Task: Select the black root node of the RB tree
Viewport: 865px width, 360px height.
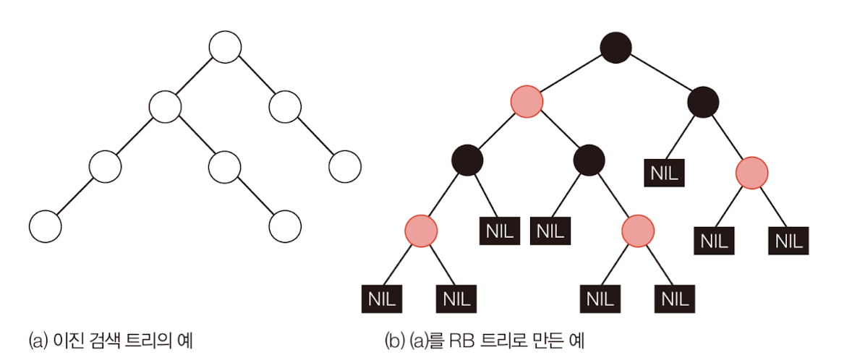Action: click(x=615, y=48)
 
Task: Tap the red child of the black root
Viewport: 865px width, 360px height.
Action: click(x=527, y=101)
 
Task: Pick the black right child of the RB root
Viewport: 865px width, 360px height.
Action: click(x=703, y=101)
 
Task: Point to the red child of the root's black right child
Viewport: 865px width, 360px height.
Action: click(x=751, y=173)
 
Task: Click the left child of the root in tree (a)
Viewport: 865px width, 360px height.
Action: click(x=165, y=107)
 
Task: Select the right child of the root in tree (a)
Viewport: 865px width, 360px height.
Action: click(x=284, y=107)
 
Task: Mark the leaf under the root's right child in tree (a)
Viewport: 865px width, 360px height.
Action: click(x=344, y=167)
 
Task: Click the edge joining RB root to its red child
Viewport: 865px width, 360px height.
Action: click(x=571, y=74)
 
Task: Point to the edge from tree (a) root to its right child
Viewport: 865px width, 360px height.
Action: click(x=255, y=77)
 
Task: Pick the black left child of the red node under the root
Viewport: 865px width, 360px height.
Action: click(x=466, y=159)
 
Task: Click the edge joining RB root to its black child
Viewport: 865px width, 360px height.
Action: click(x=660, y=74)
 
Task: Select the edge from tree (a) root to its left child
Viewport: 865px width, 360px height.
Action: click(x=195, y=77)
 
